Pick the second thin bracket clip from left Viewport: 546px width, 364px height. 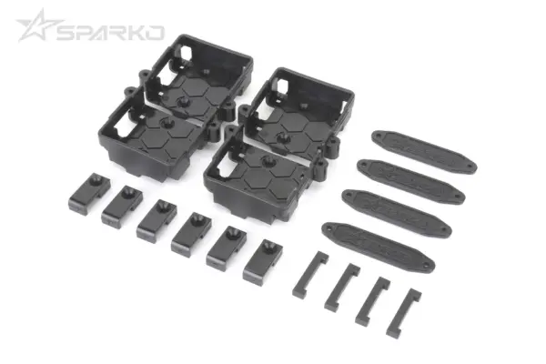[342, 287]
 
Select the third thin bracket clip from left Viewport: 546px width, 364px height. [372, 300]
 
